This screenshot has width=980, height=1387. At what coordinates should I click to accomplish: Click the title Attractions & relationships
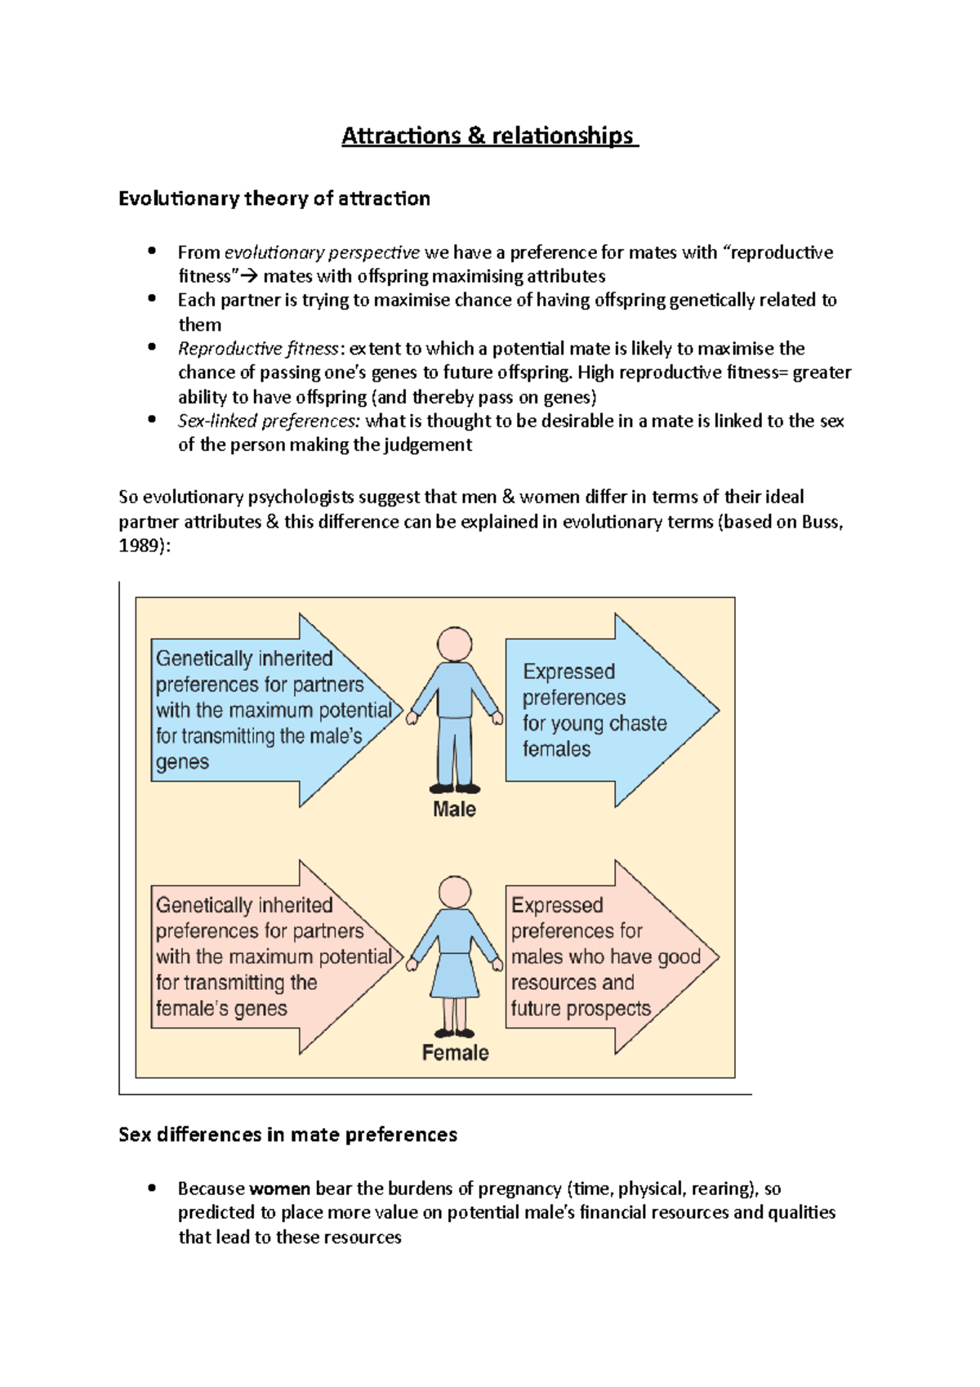pos(488,136)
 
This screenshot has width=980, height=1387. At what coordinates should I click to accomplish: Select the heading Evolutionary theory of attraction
pos(274,198)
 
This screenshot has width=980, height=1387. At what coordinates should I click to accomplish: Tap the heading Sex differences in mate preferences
pos(287,1135)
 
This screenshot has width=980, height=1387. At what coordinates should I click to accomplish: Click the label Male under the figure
pos(454,809)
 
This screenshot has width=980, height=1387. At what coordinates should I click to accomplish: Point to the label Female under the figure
pos(455,1053)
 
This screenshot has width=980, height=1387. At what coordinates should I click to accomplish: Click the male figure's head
pos(454,644)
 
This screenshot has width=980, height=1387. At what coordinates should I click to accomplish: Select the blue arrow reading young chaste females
pos(604,711)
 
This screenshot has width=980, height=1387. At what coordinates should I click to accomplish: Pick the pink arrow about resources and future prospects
pos(604,957)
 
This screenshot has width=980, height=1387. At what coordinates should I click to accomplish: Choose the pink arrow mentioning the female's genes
pos(269,957)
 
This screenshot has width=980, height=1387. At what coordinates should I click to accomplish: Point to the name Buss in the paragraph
pos(819,522)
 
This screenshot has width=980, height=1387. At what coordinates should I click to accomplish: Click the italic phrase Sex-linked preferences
pos(269,421)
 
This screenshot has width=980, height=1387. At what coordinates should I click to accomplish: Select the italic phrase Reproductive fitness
pos(258,349)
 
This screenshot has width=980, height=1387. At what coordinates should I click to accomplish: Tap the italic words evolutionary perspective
pos(322,252)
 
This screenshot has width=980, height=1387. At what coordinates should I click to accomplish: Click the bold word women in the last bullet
pos(279,1189)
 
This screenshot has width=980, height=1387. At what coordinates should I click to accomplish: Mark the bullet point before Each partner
pos(152,299)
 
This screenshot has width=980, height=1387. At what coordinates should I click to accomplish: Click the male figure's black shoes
pos(455,788)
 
